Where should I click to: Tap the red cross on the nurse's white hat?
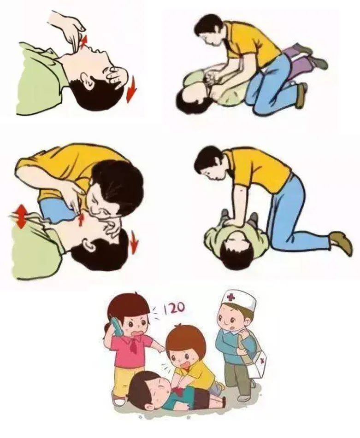pos(230,297)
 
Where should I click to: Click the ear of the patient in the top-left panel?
pos(87,80)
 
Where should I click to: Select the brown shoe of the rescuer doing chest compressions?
pos(342,242)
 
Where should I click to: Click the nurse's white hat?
pos(239,300)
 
